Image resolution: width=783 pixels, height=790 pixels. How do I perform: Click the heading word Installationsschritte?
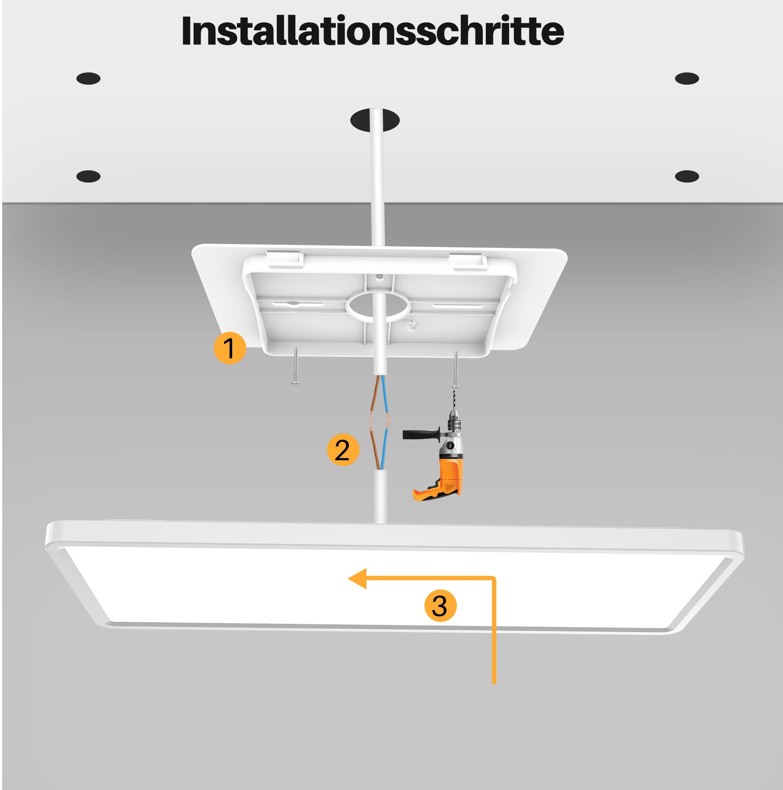(x=373, y=31)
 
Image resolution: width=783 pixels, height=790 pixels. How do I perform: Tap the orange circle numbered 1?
(x=230, y=348)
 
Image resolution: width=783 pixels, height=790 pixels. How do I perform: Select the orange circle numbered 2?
(x=343, y=450)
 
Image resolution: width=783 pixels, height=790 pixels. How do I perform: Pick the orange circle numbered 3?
(x=440, y=606)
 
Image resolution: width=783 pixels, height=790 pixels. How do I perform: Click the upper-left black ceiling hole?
(x=88, y=79)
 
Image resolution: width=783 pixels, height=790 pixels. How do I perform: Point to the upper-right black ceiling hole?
(x=687, y=79)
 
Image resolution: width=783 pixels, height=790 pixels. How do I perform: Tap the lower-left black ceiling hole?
(x=88, y=176)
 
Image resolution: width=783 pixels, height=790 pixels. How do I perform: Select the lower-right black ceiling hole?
(x=687, y=176)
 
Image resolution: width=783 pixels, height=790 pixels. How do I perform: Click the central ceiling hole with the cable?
(x=375, y=120)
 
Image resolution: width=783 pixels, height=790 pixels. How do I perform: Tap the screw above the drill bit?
(x=456, y=369)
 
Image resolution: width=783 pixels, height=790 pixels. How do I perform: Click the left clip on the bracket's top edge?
(x=286, y=259)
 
